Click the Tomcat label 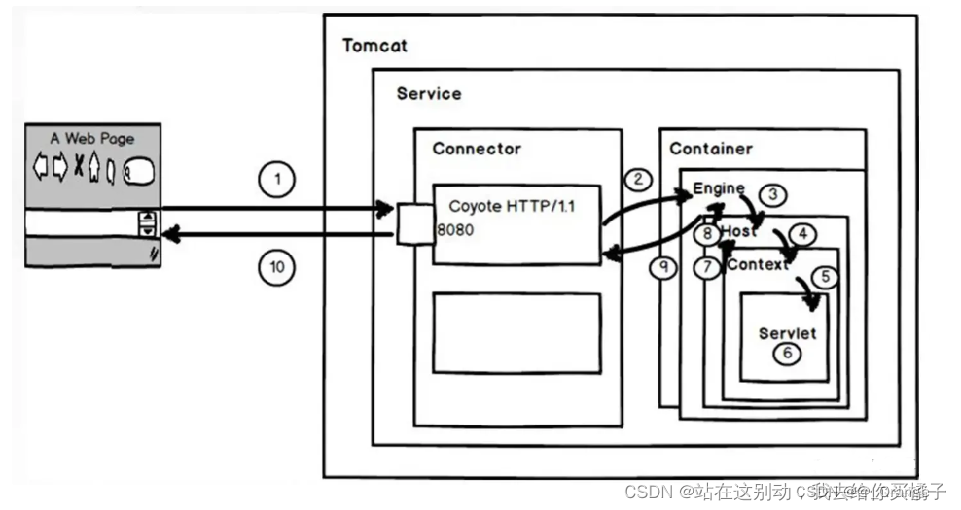click(x=374, y=46)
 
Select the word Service click(x=429, y=94)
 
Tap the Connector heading click(x=477, y=149)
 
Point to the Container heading click(x=711, y=149)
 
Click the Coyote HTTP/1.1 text click(x=512, y=207)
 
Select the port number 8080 click(x=453, y=233)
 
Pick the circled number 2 click(x=638, y=178)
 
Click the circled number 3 click(x=772, y=194)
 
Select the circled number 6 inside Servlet click(x=788, y=353)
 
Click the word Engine click(x=718, y=188)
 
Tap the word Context click(x=757, y=264)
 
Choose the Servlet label click(x=787, y=333)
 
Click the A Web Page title click(x=92, y=138)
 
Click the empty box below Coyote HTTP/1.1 click(x=516, y=332)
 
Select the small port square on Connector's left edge click(x=408, y=222)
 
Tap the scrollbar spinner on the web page click(x=148, y=223)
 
